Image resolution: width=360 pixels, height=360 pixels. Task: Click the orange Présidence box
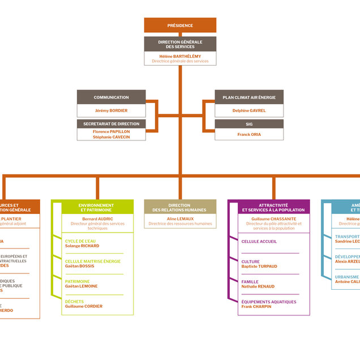pos(180,25)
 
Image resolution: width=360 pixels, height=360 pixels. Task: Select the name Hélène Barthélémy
pos(180,56)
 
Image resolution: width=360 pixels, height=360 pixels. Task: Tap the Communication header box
pos(111,97)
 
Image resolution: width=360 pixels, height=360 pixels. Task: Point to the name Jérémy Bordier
pos(111,110)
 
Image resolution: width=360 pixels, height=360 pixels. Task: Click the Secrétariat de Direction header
pos(111,123)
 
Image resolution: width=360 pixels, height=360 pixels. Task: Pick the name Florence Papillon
pos(111,131)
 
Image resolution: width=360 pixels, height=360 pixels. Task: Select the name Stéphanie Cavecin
pos(111,137)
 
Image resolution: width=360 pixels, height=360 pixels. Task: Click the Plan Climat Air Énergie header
pos(249,97)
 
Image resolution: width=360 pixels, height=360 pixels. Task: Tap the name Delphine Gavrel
pos(249,110)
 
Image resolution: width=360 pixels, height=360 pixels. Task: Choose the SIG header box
pos(249,123)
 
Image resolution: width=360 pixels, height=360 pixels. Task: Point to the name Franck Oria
pos(249,135)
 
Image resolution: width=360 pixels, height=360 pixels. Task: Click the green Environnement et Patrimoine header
pos(96,207)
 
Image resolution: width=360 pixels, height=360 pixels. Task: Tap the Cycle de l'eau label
pos(80,241)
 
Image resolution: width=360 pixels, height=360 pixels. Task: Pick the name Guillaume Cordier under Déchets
pos(84,306)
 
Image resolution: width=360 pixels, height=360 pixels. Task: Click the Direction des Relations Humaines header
pos(180,207)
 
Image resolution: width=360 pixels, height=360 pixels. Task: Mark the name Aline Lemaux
pos(180,219)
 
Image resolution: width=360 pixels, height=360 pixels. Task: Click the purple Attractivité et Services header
pos(273,207)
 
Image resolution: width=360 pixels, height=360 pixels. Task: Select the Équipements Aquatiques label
pos(269,302)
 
